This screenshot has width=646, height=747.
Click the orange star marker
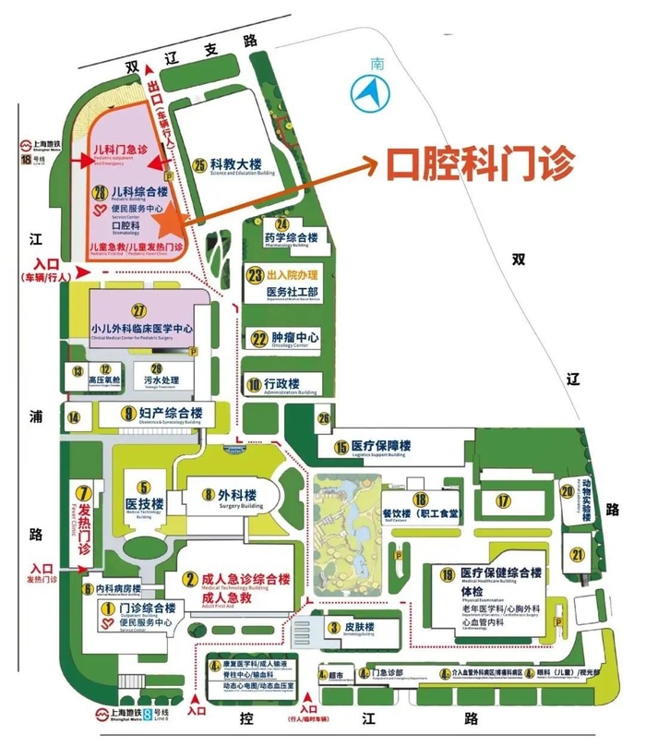click(167, 222)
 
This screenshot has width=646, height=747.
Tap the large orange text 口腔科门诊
click(481, 165)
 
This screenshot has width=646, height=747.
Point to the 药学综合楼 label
click(291, 237)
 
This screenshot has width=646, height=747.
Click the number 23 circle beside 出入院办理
click(254, 274)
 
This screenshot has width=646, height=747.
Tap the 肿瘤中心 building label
click(295, 338)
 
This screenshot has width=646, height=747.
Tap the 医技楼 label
click(144, 503)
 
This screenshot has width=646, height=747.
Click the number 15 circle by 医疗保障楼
click(341, 447)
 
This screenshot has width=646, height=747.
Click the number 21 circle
click(578, 554)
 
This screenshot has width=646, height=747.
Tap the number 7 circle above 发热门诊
click(84, 492)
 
